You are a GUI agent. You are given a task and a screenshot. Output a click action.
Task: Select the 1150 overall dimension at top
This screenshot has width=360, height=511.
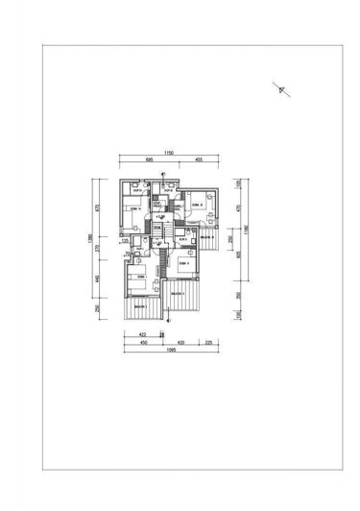[167, 152]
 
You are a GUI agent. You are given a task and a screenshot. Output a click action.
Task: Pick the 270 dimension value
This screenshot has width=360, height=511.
[98, 245]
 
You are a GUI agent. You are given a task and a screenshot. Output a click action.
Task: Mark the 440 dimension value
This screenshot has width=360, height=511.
[98, 279]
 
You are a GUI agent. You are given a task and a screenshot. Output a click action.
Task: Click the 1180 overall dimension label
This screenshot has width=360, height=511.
[246, 229]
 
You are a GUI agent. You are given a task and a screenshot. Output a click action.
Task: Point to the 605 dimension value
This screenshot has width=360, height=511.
[239, 255]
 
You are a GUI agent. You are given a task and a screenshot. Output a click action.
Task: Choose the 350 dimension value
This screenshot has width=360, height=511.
[239, 295]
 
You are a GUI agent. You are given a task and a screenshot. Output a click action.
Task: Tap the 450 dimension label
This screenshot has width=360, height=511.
[143, 341]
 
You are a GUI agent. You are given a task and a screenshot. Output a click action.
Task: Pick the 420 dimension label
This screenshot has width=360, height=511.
[183, 341]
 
